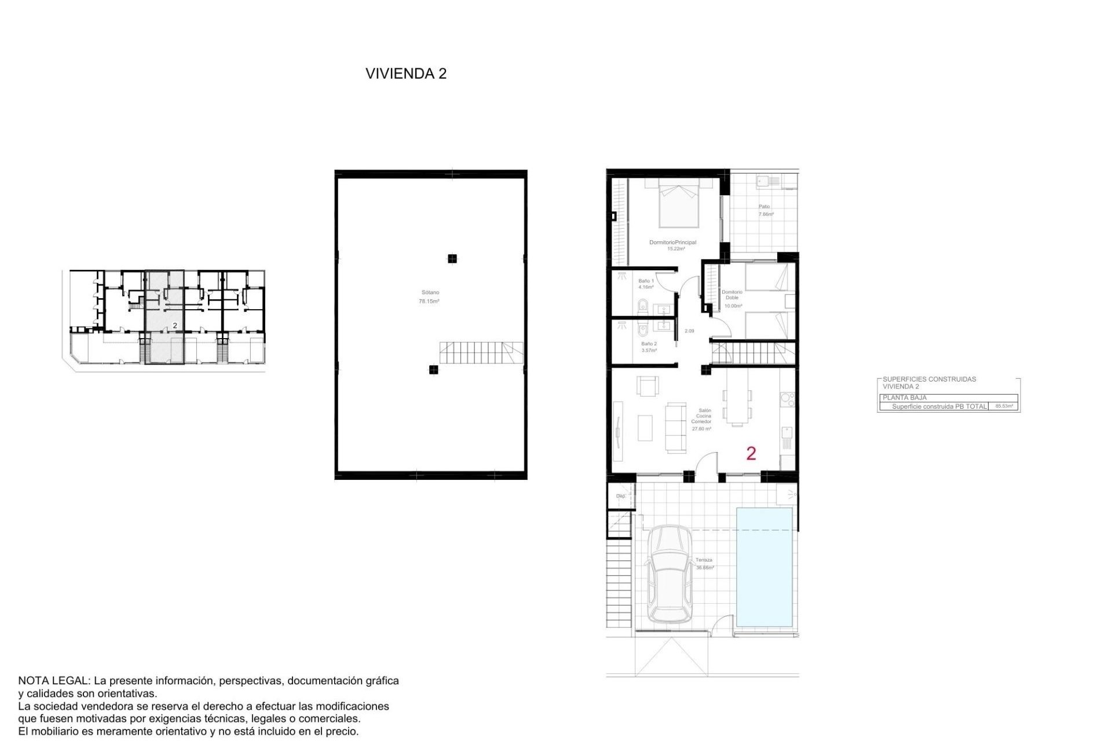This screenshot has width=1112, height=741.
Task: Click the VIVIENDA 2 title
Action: [x=405, y=74]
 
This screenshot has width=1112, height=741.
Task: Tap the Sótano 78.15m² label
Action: [x=429, y=297]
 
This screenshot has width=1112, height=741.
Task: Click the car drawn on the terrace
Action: [x=670, y=574]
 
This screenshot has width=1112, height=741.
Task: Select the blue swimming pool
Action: [x=764, y=567]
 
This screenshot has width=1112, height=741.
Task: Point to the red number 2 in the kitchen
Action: [x=751, y=453]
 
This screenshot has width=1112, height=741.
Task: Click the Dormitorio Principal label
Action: [x=672, y=245]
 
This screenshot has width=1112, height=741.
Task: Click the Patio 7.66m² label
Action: [x=765, y=210]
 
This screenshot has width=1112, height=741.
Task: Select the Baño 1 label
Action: [x=646, y=284]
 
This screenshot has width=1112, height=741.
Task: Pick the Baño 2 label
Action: [x=649, y=347]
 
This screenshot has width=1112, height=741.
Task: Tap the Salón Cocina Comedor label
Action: [x=701, y=419]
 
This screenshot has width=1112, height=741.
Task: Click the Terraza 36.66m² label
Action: [x=704, y=563]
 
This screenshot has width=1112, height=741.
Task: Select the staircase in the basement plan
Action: [x=481, y=352]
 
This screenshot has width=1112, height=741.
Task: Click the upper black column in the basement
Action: [x=452, y=259]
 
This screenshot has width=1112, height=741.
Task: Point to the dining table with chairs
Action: [x=737, y=405]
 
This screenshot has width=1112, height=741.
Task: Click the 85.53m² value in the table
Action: [x=1004, y=406]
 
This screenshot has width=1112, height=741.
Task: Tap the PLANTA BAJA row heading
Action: [x=905, y=398]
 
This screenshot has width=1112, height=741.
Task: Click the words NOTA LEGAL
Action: [x=53, y=681]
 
